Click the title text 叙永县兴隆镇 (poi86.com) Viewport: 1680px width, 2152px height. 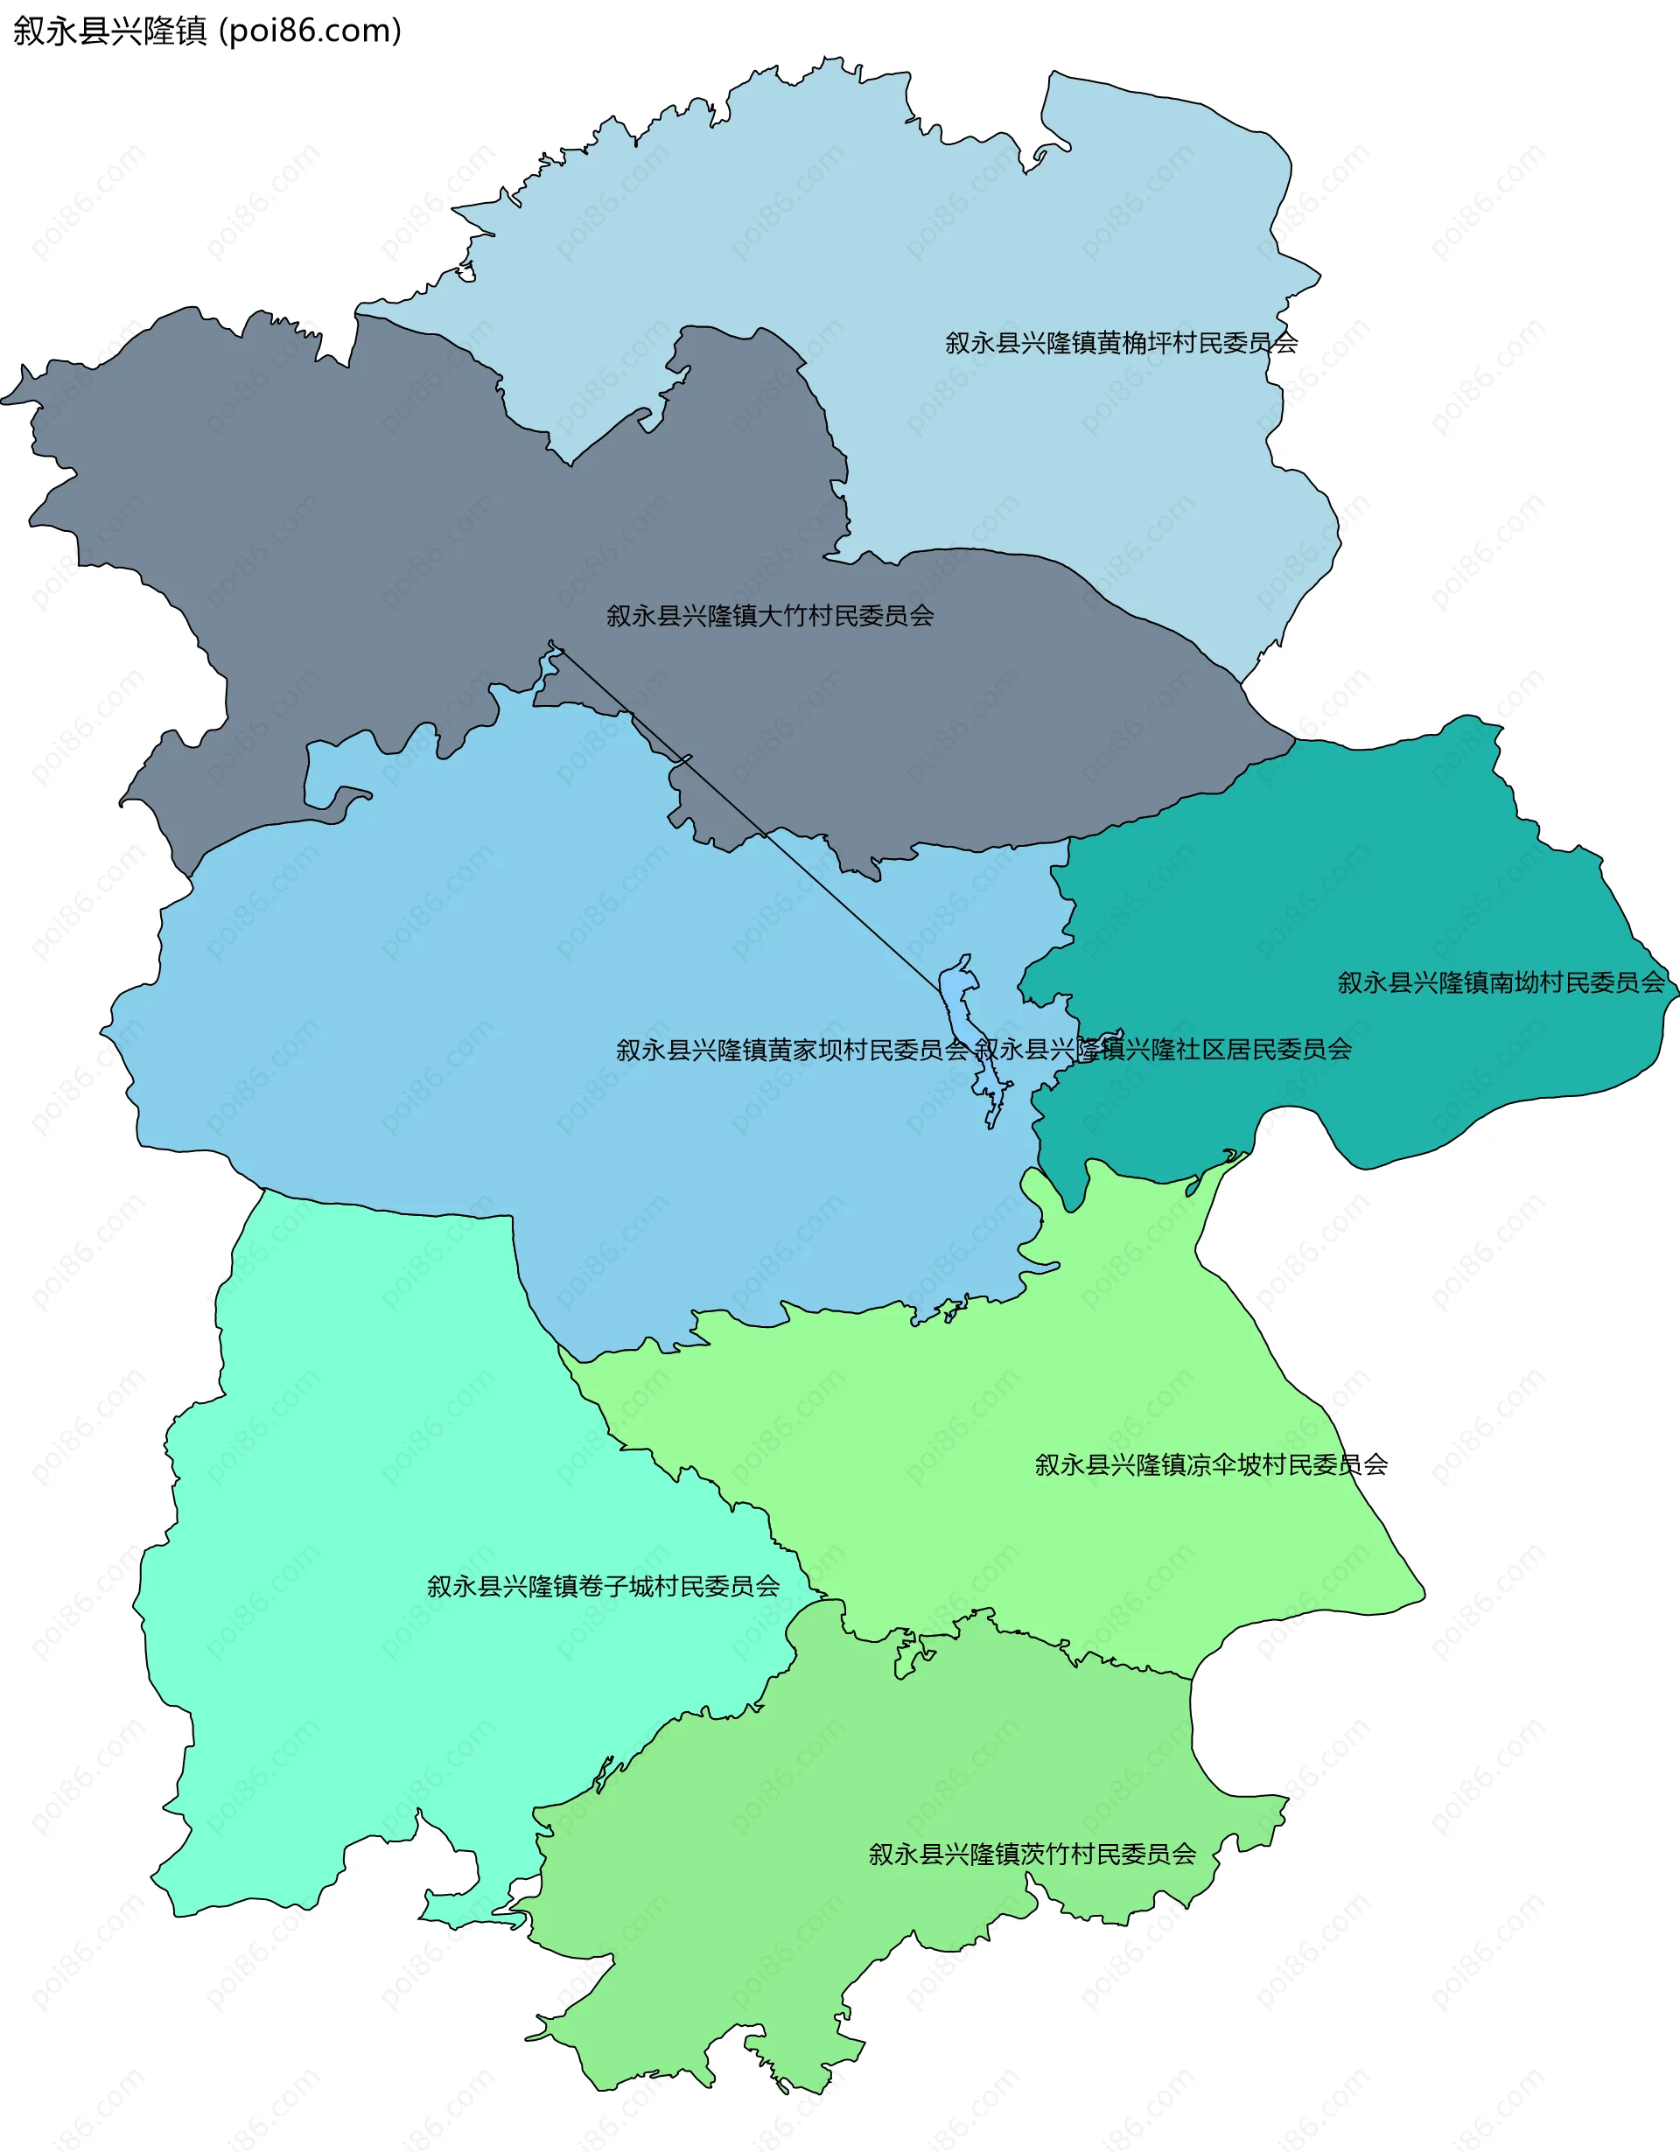point(206,31)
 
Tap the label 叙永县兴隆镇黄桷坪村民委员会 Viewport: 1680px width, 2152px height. point(1122,342)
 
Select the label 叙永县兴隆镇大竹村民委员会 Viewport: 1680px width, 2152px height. point(769,616)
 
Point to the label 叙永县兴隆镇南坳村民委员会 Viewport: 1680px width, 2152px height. point(1501,982)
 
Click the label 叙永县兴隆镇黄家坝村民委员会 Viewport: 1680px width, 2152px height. point(792,1050)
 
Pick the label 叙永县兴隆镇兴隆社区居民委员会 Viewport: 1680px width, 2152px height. point(1164,1050)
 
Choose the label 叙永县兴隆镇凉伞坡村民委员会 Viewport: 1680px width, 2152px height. point(1211,1465)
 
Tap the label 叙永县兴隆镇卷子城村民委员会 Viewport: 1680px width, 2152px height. point(603,1586)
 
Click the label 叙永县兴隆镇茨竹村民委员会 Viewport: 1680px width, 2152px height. point(1032,1855)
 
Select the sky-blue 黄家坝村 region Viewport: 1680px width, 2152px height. point(493,985)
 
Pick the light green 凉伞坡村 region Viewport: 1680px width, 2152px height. point(985,1429)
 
